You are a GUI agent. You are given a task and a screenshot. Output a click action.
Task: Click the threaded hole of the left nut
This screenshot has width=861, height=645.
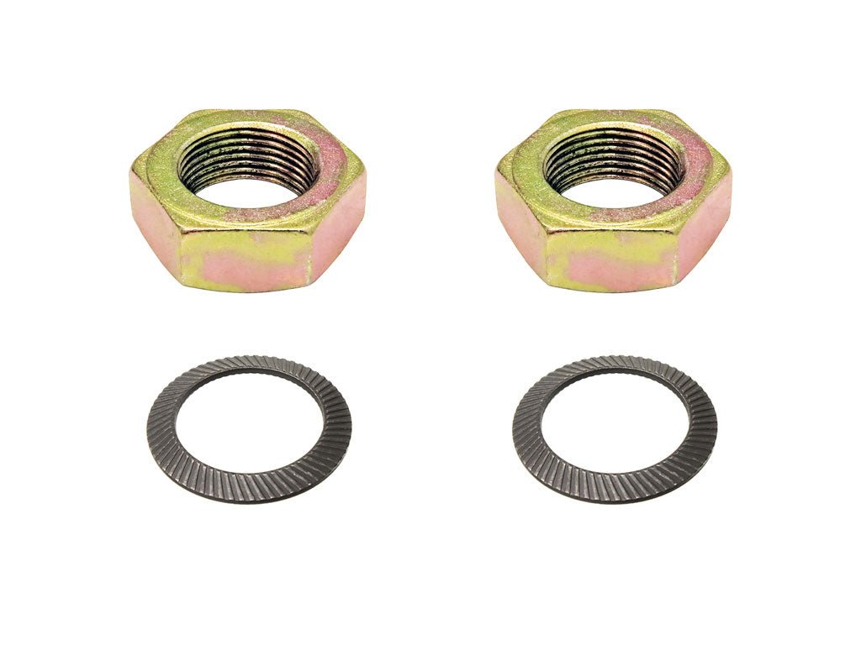point(248,168)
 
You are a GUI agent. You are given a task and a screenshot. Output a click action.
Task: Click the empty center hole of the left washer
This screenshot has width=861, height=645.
point(248,427)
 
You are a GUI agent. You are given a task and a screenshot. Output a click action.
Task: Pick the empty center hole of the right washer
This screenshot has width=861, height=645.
point(614,427)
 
